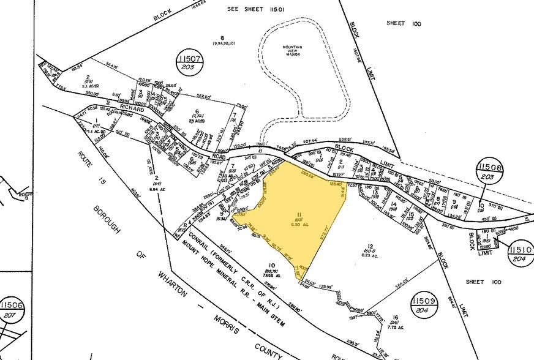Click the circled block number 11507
(189, 62)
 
